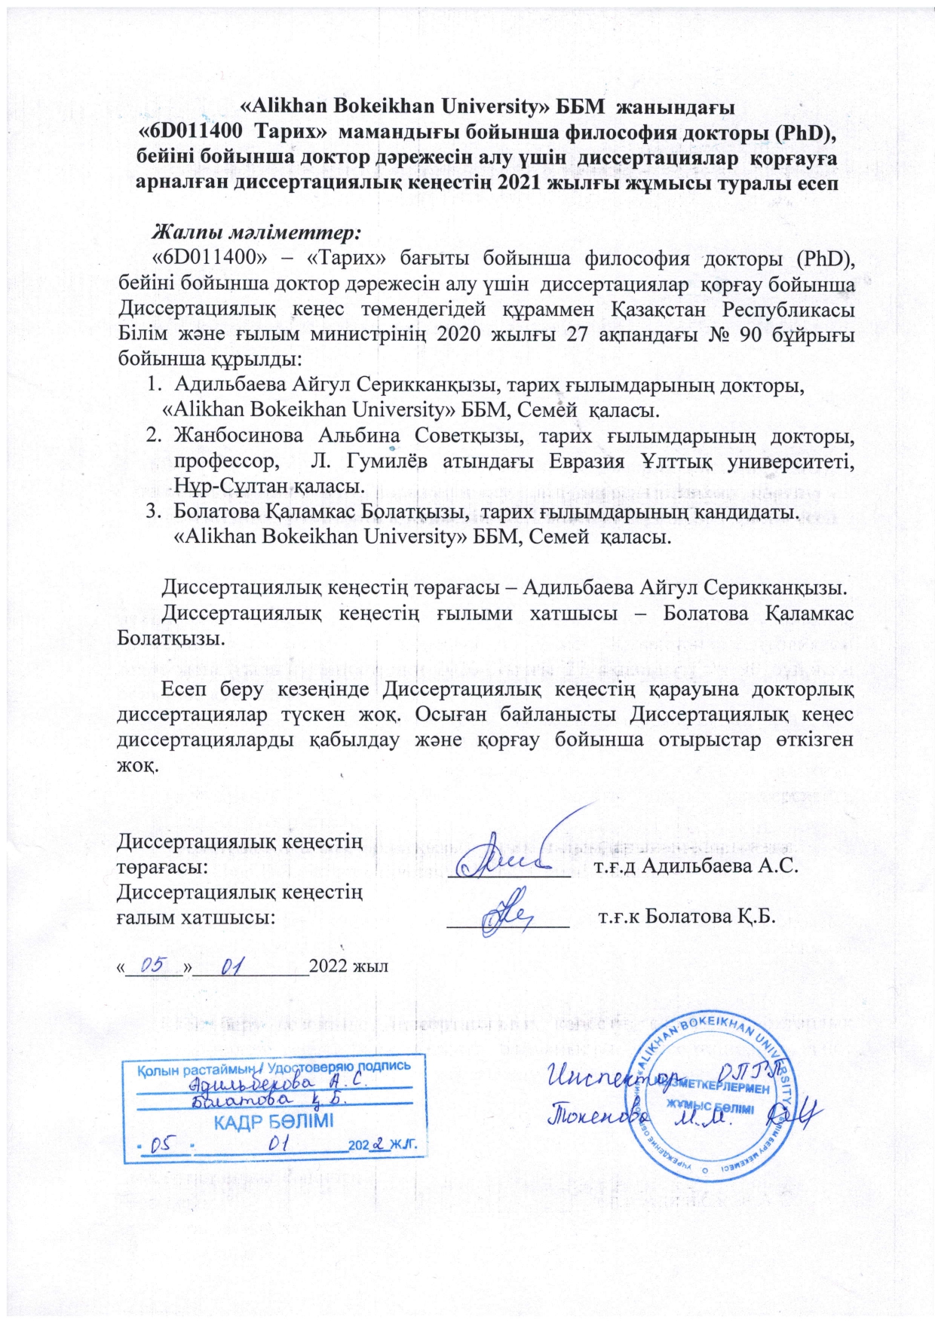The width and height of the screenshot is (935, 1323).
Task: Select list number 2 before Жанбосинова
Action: pos(153,435)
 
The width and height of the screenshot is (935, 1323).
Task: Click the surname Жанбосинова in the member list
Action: pos(238,435)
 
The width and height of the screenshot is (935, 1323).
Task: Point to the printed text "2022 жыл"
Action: pos(348,966)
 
